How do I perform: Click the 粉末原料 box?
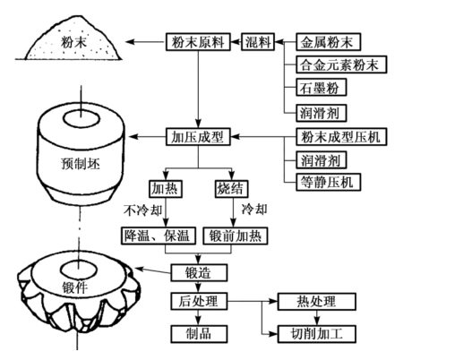[198, 42]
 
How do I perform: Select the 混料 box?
[258, 42]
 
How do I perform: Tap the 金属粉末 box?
[328, 42]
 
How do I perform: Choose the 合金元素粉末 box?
[341, 64]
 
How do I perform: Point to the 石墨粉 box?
[322, 87]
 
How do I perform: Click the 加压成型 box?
[198, 137]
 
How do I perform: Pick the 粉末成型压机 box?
[341, 137]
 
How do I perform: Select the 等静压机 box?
[328, 182]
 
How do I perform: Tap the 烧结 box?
[231, 189]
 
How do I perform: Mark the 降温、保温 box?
[159, 236]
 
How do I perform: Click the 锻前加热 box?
[235, 236]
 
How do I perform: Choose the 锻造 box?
[199, 273]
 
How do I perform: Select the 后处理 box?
[199, 301]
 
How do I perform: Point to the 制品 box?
[199, 334]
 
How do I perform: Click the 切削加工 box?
[317, 334]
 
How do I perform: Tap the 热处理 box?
[317, 301]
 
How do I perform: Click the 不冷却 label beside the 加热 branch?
[143, 210]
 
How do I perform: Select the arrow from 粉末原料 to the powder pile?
[145, 42]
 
